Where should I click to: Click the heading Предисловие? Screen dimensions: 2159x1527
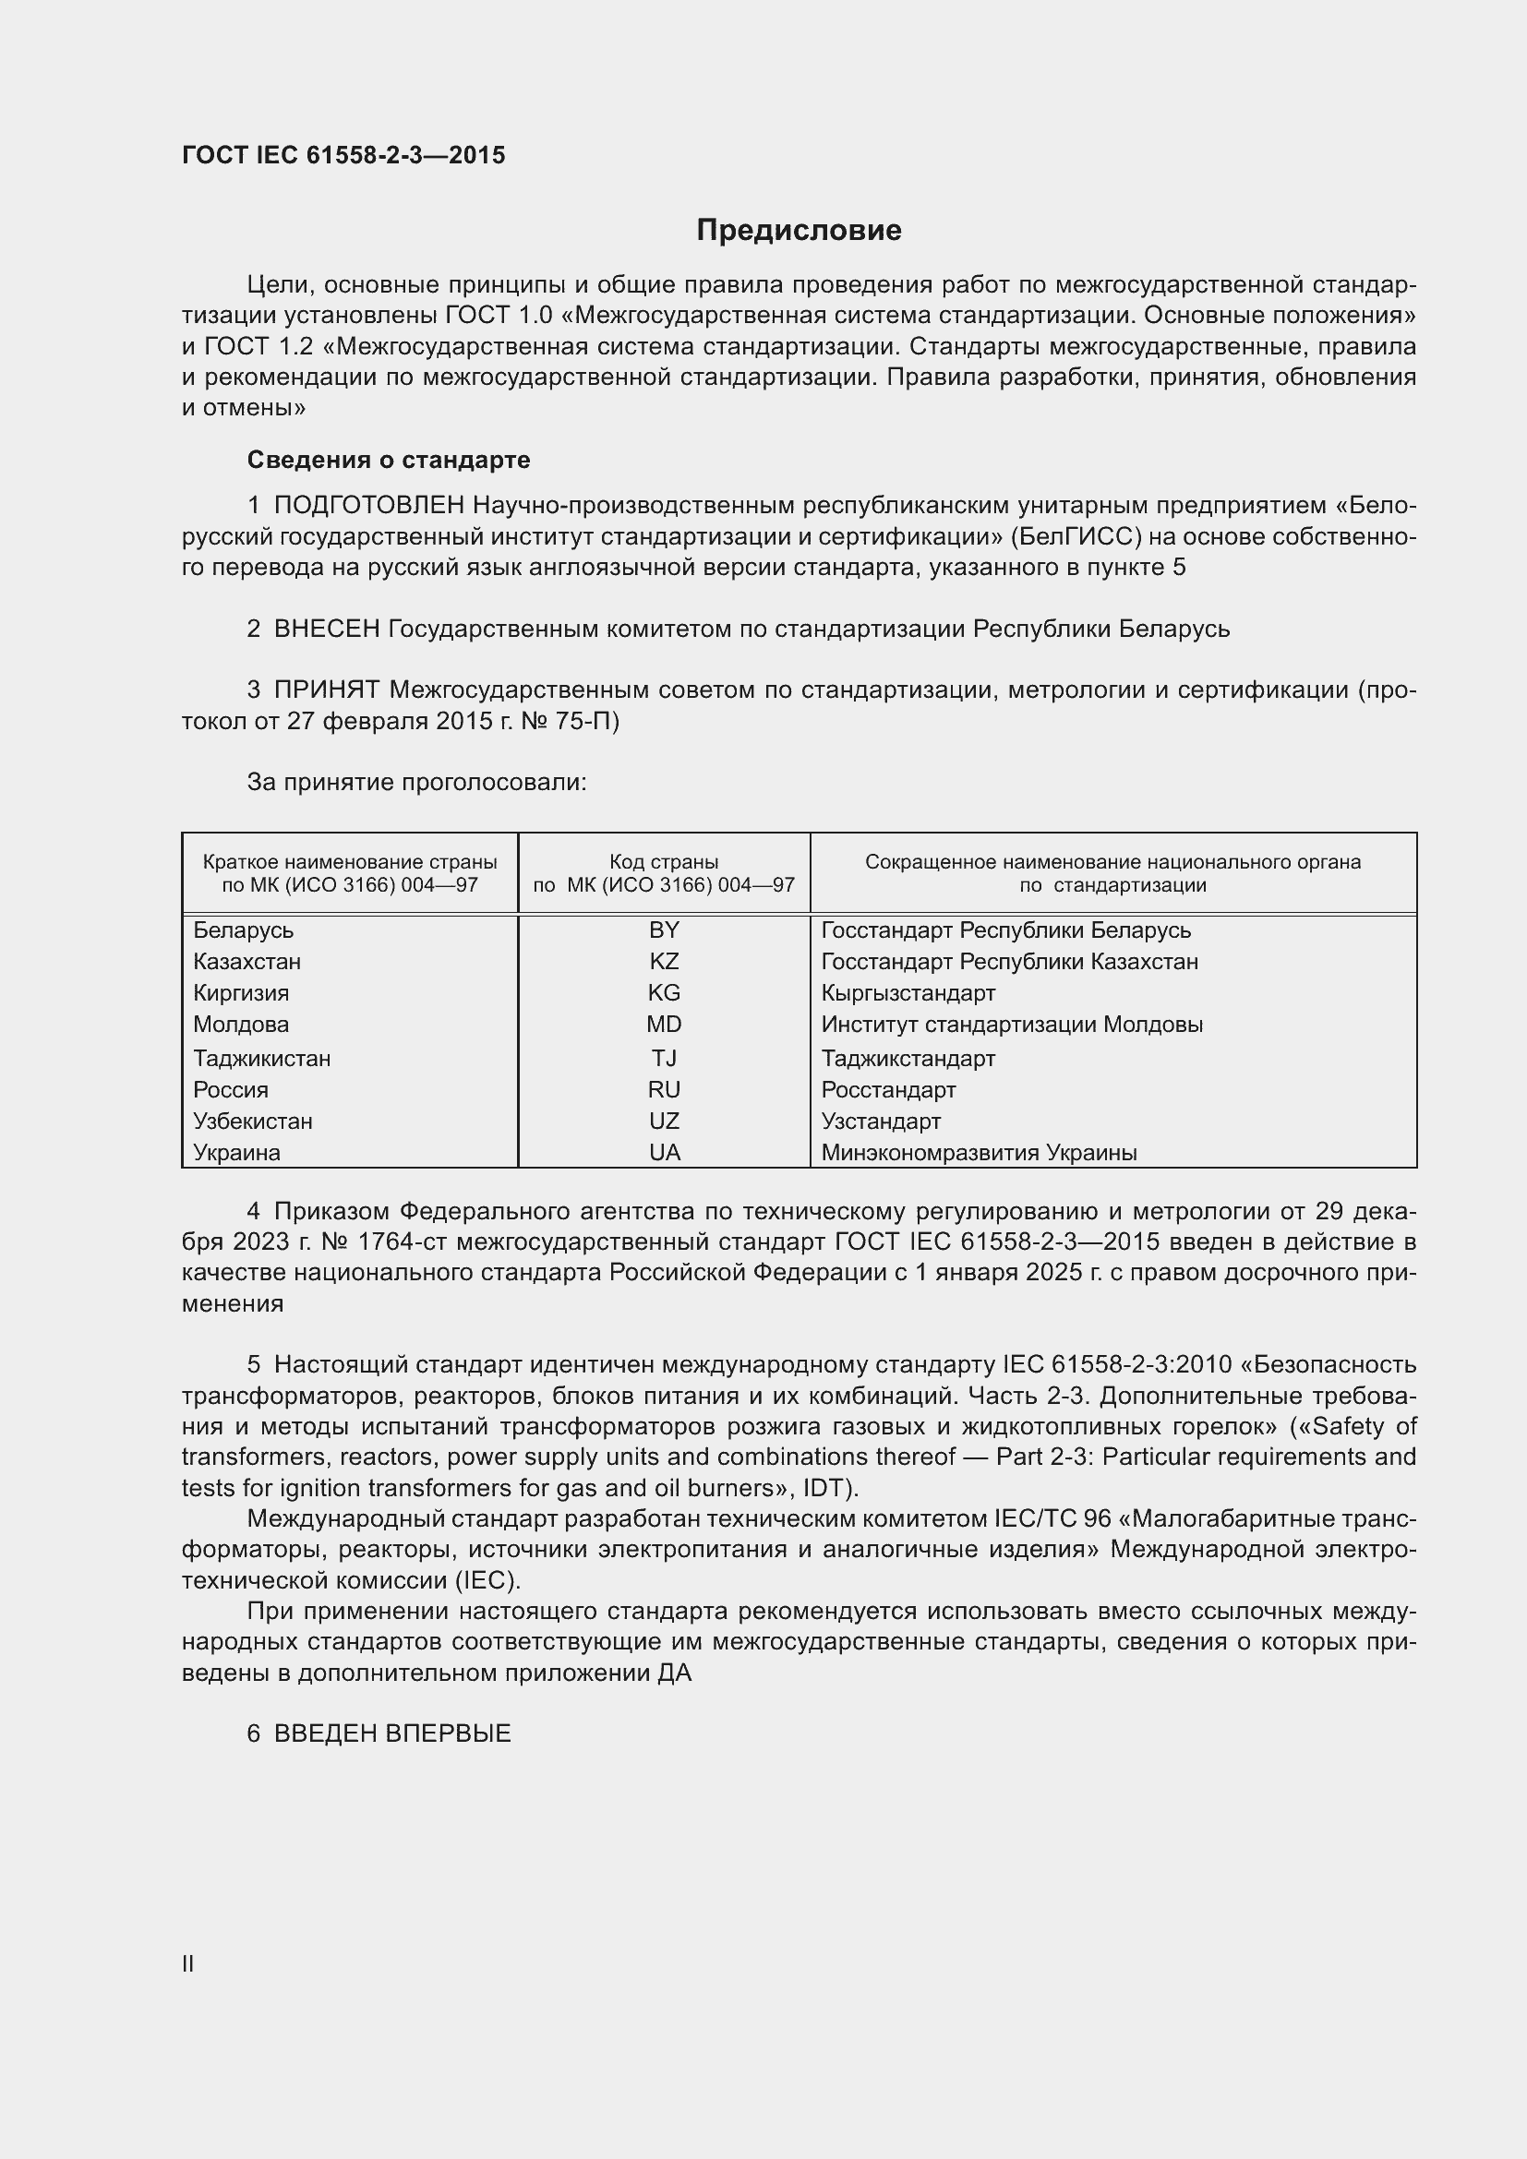coord(799,231)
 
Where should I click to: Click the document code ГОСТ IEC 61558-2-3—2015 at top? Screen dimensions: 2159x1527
coord(343,155)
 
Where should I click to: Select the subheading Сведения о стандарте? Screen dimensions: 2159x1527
coord(389,460)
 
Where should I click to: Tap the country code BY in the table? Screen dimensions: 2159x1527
coord(664,930)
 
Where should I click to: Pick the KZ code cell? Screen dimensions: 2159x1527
coord(664,961)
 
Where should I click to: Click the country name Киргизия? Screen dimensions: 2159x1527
coord(241,993)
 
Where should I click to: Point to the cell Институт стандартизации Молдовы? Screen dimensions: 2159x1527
coord(1012,1024)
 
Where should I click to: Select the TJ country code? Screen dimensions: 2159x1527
coord(664,1058)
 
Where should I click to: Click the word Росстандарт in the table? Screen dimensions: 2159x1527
coord(887,1090)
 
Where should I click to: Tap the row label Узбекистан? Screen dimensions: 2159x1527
coord(253,1121)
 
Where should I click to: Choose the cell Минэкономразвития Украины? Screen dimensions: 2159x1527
coord(979,1152)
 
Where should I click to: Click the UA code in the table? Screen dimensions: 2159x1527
coord(664,1152)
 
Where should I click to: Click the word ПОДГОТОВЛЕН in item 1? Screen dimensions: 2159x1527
coord(368,506)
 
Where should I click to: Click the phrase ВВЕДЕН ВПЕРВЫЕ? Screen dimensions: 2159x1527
coord(392,1733)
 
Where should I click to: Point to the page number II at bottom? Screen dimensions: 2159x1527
coord(188,1963)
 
